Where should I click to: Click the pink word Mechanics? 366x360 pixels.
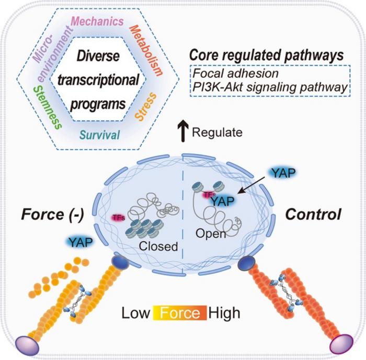pos(97,21)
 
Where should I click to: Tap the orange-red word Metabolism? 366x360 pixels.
pos(146,51)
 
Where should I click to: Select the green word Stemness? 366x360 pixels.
pos(48,107)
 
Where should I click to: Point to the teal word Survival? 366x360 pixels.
pos(100,135)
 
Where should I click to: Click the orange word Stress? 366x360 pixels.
pos(146,107)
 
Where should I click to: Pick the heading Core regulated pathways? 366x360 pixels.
pos(266,56)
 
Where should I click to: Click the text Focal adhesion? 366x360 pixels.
pos(236,73)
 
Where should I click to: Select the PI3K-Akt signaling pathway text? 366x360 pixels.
pos(270,88)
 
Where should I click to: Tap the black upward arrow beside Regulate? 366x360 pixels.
pos(183,131)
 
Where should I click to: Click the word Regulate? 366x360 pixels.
pos(217,132)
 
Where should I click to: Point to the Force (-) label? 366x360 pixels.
pos(52,214)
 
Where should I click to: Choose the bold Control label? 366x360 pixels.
pos(313,214)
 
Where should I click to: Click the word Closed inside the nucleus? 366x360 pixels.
pos(158,246)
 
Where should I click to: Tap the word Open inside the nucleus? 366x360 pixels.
pos(211,234)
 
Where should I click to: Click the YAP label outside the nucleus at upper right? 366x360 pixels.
pos(283,173)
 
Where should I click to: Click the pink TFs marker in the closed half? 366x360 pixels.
pos(119,218)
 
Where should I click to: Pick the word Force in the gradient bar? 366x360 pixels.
pos(180,313)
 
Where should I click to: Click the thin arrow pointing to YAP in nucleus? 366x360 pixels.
pos(251,185)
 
